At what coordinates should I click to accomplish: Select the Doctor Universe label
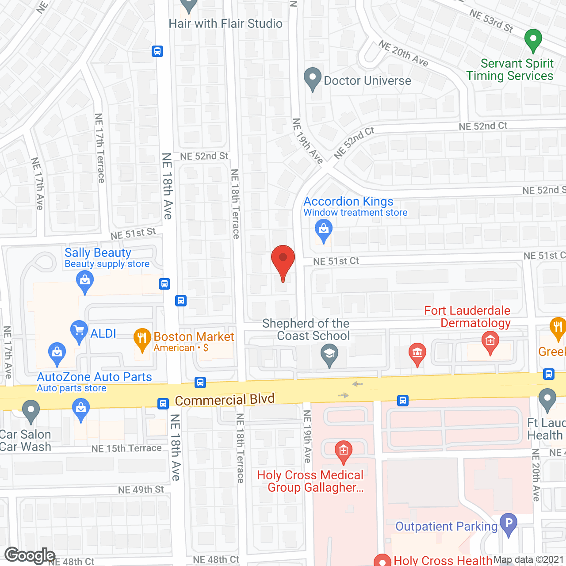367,81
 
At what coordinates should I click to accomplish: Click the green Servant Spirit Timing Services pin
533,40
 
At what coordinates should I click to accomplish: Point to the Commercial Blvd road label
225,400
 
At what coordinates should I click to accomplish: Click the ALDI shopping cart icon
79,331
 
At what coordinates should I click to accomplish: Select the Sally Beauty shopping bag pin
85,281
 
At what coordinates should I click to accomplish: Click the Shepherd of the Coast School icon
329,355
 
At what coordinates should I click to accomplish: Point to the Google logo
30,555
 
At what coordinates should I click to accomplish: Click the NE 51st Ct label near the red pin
336,261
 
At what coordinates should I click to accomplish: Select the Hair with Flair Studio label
226,24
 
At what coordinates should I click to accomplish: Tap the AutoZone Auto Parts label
94,377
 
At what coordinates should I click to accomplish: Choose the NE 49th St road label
141,490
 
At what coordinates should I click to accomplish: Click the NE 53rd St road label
491,21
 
